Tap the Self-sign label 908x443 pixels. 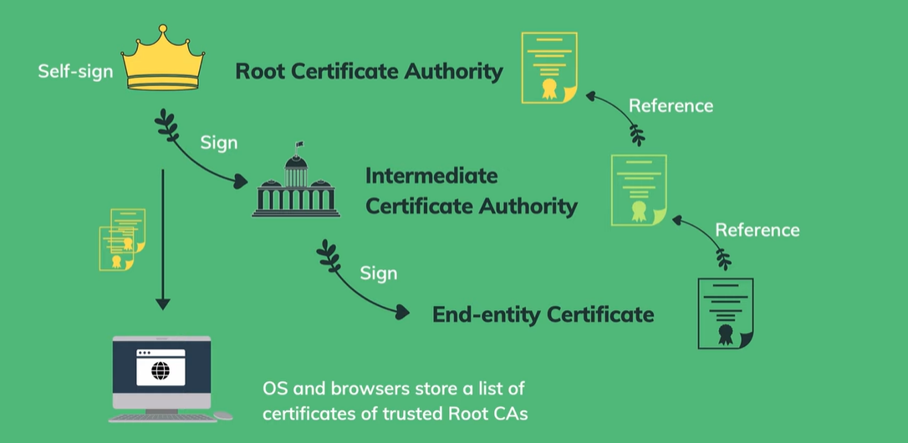(x=75, y=71)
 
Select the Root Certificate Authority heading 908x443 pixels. (x=369, y=71)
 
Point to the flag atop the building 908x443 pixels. (x=299, y=147)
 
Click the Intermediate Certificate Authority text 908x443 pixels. (x=471, y=191)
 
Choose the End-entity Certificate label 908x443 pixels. (x=543, y=314)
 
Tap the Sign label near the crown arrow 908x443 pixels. (x=218, y=142)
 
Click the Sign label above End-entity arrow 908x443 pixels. (x=378, y=272)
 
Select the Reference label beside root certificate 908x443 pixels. (x=671, y=105)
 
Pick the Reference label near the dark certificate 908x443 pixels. (x=757, y=230)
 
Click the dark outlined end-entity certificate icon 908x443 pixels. (x=725, y=313)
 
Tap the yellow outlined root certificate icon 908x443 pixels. (x=549, y=67)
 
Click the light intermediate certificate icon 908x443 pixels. (x=639, y=190)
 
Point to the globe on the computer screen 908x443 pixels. (x=161, y=368)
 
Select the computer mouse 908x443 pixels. (x=223, y=415)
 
